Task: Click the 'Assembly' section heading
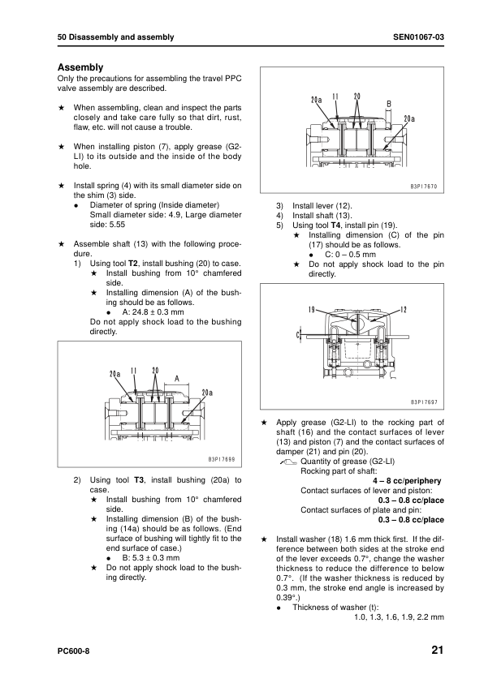pyautogui.click(x=80, y=67)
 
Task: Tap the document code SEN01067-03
pyautogui.click(x=418, y=37)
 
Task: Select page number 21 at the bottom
pyautogui.click(x=438, y=650)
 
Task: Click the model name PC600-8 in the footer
pyautogui.click(x=73, y=651)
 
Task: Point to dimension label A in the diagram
pyautogui.click(x=176, y=379)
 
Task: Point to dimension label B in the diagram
pyautogui.click(x=389, y=104)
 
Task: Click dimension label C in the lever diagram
pyautogui.click(x=298, y=335)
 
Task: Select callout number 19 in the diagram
pyautogui.click(x=311, y=310)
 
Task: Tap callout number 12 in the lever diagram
pyautogui.click(x=404, y=310)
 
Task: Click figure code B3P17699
pyautogui.click(x=222, y=459)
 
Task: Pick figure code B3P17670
pyautogui.click(x=424, y=187)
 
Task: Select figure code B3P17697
pyautogui.click(x=424, y=402)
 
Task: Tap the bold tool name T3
pyautogui.click(x=139, y=480)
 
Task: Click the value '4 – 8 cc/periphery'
pyautogui.click(x=407, y=481)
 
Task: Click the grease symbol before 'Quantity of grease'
pyautogui.click(x=287, y=462)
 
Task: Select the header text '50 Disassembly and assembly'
pyautogui.click(x=115, y=37)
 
